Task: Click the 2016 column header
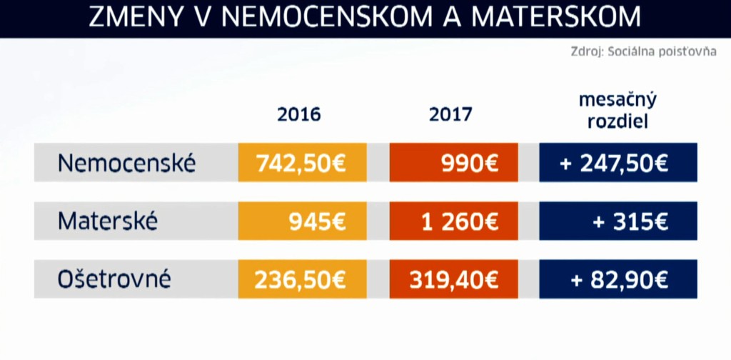(299, 114)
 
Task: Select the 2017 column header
(450, 114)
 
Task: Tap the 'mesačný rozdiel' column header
(617, 110)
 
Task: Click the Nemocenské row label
(126, 164)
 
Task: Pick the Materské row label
(108, 221)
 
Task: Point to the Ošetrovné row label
(114, 279)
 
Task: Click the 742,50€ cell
(302, 164)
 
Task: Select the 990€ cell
(453, 164)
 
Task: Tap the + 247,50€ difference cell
(617, 164)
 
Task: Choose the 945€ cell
(302, 221)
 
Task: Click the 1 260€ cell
(453, 221)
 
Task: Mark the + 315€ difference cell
(617, 221)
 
